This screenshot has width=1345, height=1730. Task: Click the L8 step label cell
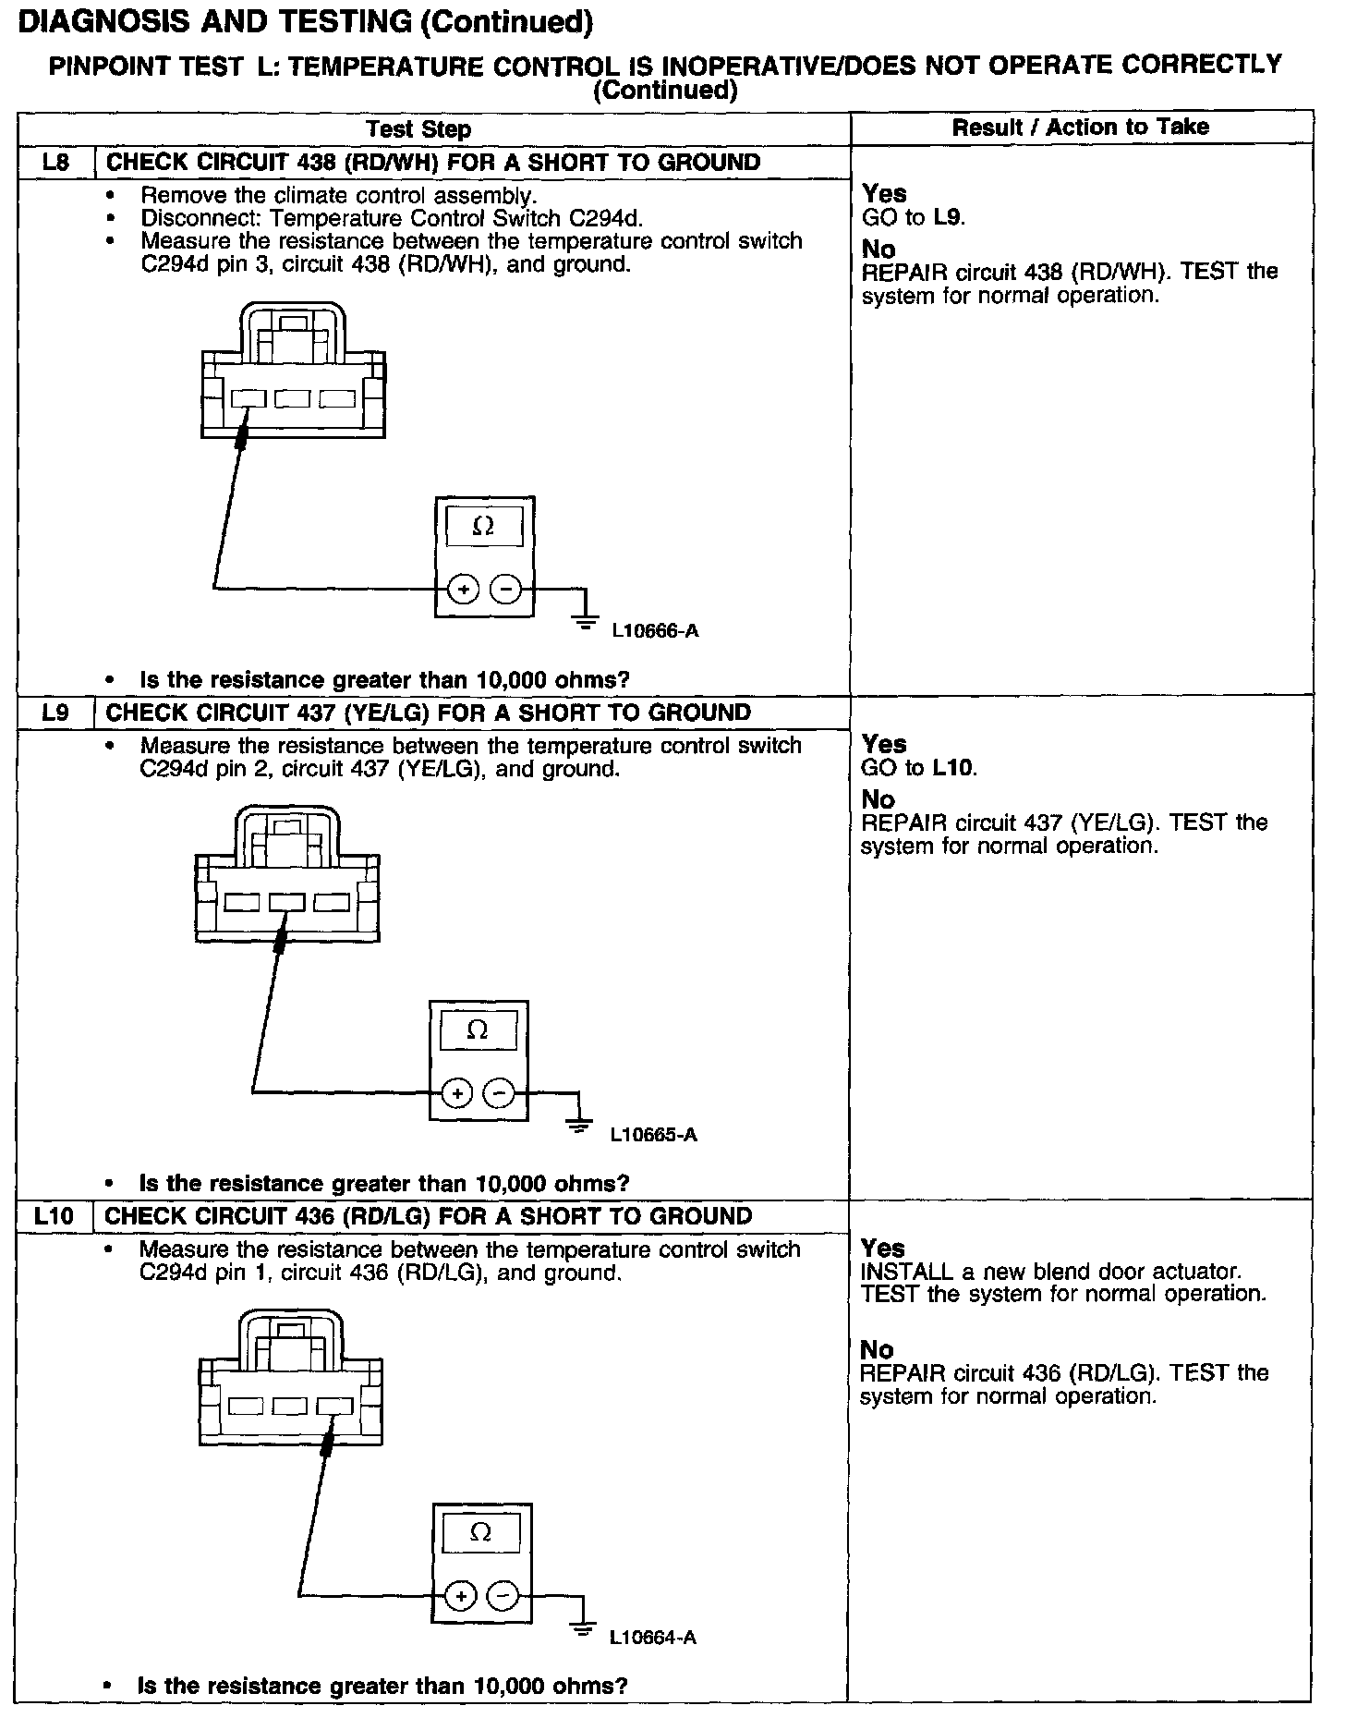point(55,163)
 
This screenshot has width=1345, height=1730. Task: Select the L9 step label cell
point(55,713)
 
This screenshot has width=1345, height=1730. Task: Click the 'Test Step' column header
point(418,129)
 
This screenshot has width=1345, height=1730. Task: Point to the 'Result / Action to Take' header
point(1080,127)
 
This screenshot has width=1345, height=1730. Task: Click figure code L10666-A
point(655,632)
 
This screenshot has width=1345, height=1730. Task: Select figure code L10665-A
point(653,1135)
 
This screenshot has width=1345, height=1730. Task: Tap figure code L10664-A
point(652,1639)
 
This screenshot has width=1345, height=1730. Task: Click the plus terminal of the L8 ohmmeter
point(463,589)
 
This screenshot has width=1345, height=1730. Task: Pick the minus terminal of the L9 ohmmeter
point(500,1093)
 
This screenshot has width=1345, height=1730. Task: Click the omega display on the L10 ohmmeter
point(480,1532)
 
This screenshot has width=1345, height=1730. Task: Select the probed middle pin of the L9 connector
point(287,902)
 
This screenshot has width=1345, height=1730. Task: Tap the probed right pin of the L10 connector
point(334,1406)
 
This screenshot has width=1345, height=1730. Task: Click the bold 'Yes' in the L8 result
point(884,194)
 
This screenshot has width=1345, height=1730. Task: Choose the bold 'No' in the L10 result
point(877,1349)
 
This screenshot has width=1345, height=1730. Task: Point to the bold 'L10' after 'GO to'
point(955,768)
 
